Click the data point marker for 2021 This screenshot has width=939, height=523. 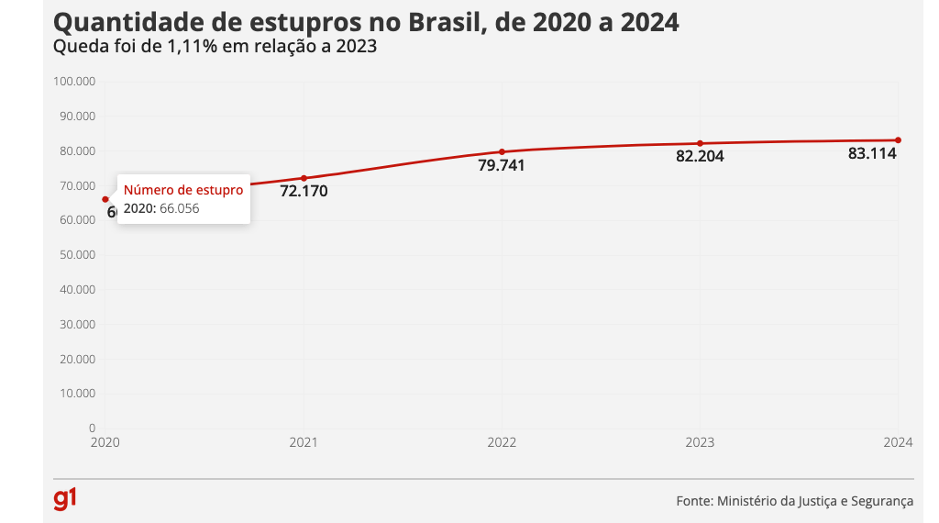[304, 178]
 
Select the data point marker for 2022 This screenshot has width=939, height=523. [502, 151]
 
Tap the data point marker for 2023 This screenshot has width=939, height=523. [700, 143]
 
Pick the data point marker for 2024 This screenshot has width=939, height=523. [898, 140]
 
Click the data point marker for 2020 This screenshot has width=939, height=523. [105, 199]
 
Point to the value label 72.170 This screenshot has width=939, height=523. [304, 192]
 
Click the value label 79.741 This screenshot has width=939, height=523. [502, 165]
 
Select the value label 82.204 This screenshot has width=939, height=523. [700, 157]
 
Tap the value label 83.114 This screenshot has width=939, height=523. [872, 154]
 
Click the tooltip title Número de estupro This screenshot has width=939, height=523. [183, 190]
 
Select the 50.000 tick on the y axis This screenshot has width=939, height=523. [77, 255]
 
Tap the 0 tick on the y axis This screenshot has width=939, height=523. [92, 428]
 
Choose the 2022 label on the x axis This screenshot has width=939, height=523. [502, 442]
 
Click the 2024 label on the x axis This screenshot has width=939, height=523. [897, 442]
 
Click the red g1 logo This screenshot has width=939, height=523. [65, 499]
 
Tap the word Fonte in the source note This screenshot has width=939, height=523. [692, 501]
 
